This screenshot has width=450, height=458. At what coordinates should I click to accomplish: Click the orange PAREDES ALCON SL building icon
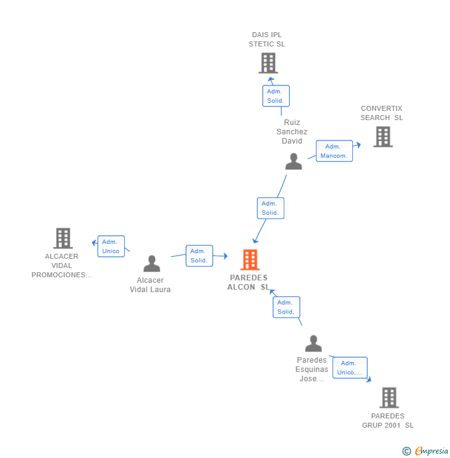[x=250, y=260]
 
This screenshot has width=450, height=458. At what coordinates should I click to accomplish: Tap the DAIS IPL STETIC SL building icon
[x=268, y=63]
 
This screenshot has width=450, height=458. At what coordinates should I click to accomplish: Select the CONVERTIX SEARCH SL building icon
[x=383, y=137]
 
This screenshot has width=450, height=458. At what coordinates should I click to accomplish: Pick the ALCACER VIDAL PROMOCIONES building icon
[x=62, y=238]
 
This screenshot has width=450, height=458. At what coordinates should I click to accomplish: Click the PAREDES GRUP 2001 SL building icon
[x=389, y=397]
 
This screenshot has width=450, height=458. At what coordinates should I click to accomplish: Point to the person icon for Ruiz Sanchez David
[x=294, y=162]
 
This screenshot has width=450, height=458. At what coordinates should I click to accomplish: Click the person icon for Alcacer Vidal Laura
[x=151, y=264]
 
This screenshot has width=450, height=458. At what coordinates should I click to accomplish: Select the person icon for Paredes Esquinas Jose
[x=313, y=343]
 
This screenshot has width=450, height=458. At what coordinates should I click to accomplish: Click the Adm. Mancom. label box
[x=334, y=151]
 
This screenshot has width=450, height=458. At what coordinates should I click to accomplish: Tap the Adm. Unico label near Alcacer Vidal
[x=111, y=246]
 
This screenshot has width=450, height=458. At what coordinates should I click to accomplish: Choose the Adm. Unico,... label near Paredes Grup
[x=350, y=368]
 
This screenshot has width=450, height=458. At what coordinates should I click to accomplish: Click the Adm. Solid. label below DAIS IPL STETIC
[x=275, y=96]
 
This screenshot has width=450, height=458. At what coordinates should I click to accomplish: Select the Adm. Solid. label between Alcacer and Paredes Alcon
[x=199, y=256]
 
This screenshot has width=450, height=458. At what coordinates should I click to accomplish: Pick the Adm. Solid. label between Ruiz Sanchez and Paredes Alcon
[x=270, y=208]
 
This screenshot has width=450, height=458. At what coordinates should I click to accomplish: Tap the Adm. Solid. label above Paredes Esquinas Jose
[x=286, y=307]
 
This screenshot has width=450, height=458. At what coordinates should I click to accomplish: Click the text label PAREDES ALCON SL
[x=248, y=282]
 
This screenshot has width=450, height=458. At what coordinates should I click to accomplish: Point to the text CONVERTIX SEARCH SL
[x=381, y=113]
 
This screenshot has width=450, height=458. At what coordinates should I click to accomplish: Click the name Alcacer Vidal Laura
[x=150, y=285]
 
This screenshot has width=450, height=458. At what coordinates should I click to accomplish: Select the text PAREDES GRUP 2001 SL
[x=388, y=421]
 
